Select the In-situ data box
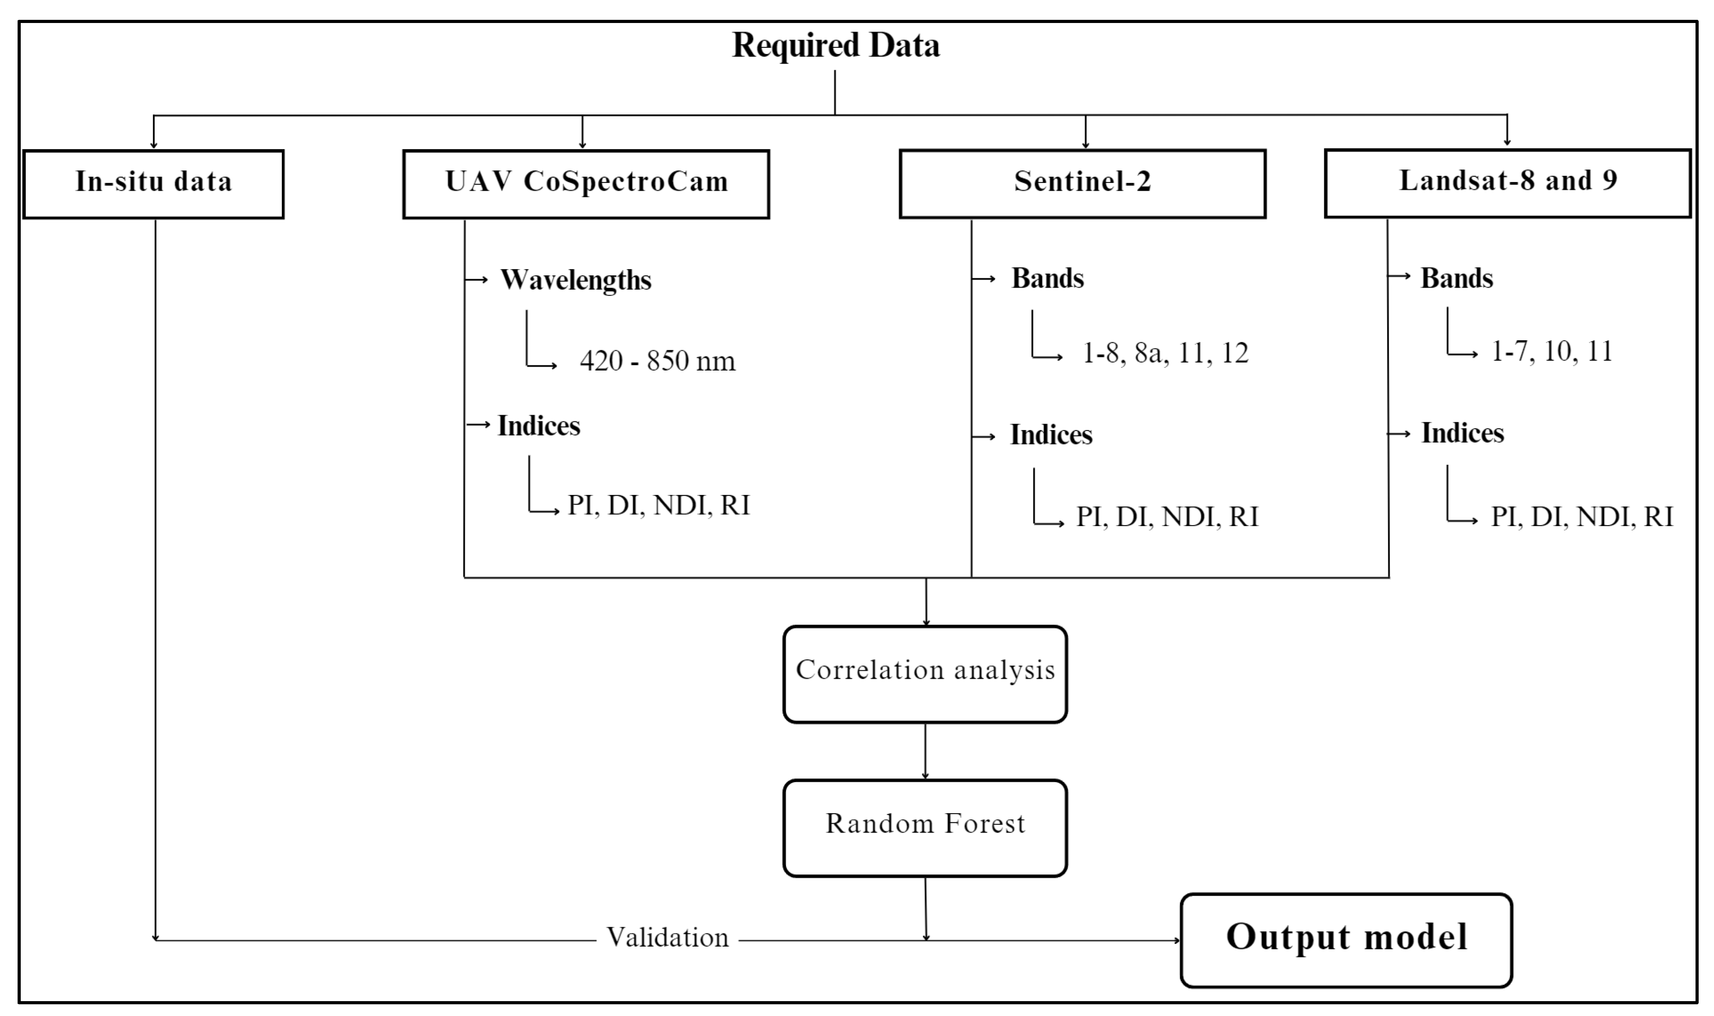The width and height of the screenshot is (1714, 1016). [153, 183]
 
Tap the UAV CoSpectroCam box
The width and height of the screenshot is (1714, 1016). [586, 183]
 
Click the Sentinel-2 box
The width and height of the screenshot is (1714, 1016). [1082, 183]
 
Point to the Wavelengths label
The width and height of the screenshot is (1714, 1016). [575, 280]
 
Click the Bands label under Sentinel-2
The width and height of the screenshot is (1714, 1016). [1048, 279]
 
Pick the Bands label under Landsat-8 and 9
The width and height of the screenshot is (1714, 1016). [1457, 279]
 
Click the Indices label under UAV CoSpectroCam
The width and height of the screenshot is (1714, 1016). [538, 426]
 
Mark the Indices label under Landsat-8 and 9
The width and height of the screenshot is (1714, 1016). [1463, 433]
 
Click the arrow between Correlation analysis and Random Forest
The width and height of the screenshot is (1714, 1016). [925, 751]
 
